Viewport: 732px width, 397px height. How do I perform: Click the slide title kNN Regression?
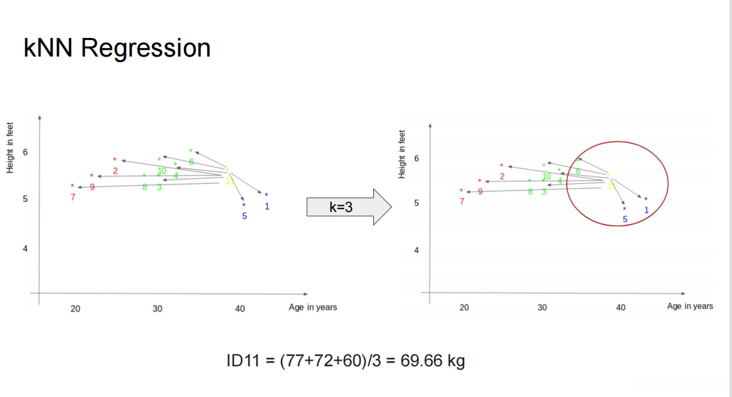[x=117, y=48]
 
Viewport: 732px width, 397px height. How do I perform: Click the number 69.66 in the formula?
[x=421, y=361]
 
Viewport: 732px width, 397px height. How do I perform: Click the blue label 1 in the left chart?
[x=267, y=206]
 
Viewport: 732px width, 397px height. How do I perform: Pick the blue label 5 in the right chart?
[x=625, y=219]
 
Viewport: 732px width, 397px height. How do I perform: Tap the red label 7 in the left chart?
[x=73, y=197]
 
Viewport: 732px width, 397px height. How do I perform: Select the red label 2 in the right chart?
[x=502, y=176]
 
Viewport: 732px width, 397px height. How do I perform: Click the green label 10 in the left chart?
[x=162, y=171]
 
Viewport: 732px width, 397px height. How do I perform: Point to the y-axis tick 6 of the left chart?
[x=25, y=152]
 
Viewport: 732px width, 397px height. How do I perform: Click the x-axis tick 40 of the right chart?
[x=621, y=307]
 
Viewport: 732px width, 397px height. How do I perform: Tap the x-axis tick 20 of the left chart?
[x=76, y=309]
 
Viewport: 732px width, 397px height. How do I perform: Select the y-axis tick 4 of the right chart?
[x=416, y=251]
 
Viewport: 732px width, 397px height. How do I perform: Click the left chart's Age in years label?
[x=313, y=307]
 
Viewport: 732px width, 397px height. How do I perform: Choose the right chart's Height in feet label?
[x=403, y=154]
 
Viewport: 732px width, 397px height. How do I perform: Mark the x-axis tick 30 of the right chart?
[x=542, y=307]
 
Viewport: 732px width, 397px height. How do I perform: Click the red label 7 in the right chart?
[x=462, y=202]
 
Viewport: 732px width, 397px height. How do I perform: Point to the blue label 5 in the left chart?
[x=244, y=216]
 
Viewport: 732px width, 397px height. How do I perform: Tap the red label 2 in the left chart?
[x=115, y=170]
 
